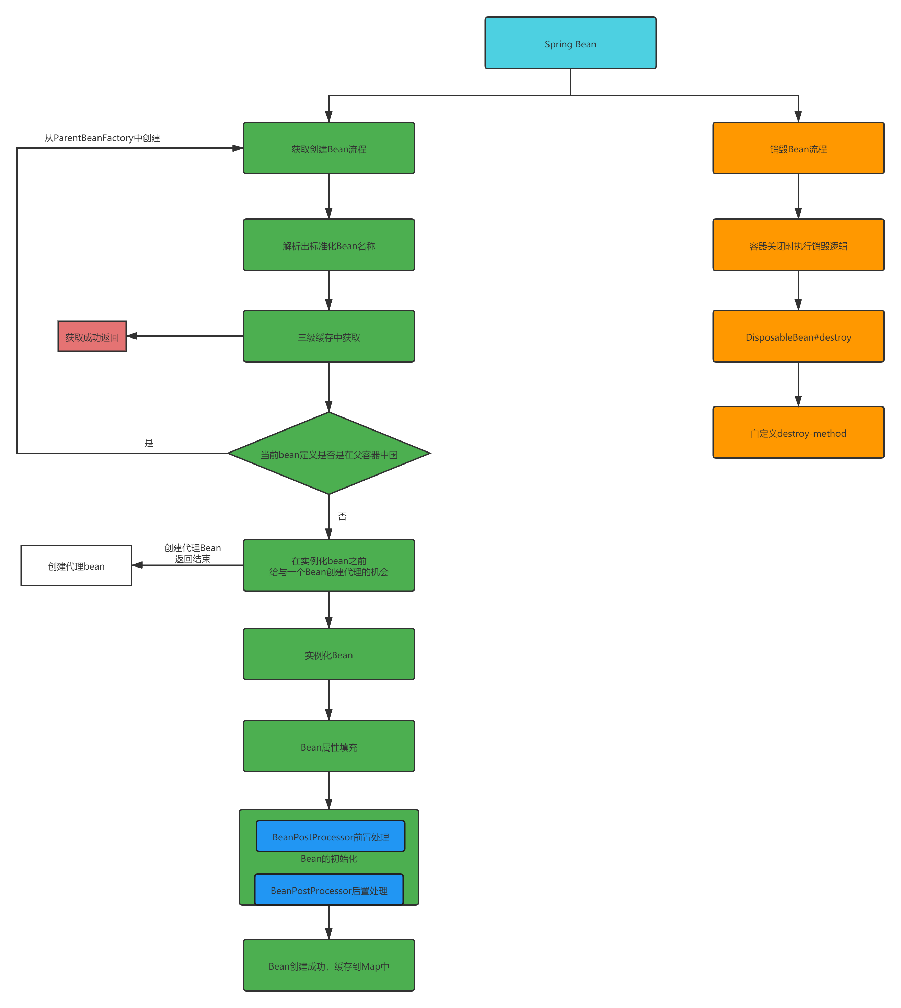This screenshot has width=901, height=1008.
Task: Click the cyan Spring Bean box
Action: tap(570, 44)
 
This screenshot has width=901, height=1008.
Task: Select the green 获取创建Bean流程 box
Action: tap(329, 149)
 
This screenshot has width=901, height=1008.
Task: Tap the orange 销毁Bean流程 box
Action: tap(798, 149)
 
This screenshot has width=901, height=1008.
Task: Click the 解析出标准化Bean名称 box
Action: tap(329, 245)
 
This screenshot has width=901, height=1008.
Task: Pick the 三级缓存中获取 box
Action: tap(329, 337)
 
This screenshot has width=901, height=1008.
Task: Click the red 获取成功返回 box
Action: tap(92, 337)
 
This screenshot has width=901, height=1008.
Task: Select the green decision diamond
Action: tap(329, 454)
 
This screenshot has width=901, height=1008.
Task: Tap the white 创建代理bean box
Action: tap(76, 565)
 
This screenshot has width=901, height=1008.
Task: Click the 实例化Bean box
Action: tap(329, 654)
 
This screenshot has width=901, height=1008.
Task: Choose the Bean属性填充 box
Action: tap(329, 747)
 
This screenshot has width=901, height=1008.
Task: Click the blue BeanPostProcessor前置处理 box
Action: tap(330, 837)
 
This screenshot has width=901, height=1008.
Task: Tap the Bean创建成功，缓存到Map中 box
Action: tap(329, 965)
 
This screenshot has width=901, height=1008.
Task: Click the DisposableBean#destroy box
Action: tap(798, 337)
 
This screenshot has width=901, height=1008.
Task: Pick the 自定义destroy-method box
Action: tap(798, 433)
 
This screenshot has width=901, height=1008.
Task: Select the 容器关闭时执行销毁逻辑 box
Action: tap(798, 245)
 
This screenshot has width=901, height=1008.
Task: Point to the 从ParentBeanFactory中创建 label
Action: tap(103, 138)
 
